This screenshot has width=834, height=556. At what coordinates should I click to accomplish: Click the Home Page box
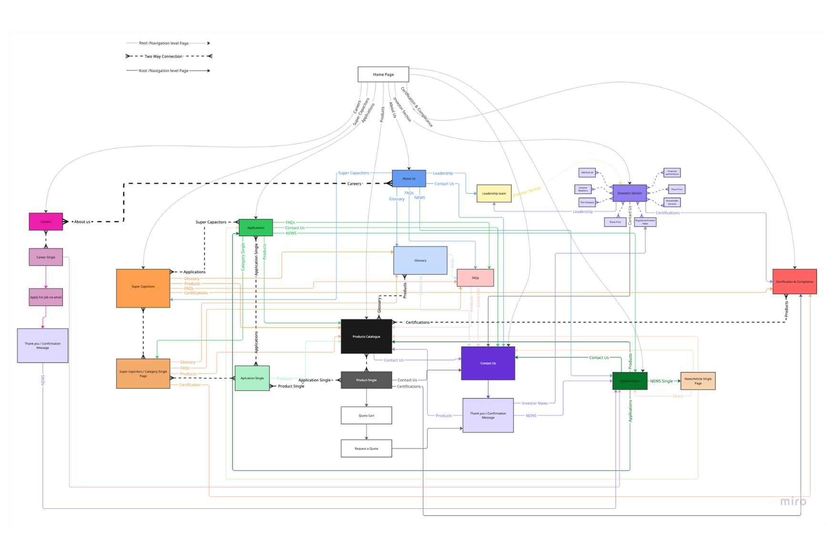383,74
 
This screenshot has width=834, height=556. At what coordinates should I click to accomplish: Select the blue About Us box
408,178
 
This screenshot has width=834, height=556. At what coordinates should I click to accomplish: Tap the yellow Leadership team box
494,194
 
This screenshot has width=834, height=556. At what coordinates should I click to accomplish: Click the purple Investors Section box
629,193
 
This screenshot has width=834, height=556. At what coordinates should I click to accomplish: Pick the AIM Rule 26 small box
587,173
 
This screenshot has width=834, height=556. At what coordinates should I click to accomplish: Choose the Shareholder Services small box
671,202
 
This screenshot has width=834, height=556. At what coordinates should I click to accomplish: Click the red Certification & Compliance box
794,281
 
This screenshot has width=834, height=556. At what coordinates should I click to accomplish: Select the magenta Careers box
46,222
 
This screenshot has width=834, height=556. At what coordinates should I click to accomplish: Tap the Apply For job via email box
46,297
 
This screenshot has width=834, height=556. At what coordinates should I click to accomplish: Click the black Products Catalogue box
366,336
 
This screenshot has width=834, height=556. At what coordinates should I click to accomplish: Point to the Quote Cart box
366,415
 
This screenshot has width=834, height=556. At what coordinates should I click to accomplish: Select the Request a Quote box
366,448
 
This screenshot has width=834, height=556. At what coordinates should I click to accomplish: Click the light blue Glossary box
420,260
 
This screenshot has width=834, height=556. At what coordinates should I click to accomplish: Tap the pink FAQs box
475,278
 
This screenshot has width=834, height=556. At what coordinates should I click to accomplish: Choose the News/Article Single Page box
698,381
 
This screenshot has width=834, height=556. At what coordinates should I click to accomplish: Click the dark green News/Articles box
630,381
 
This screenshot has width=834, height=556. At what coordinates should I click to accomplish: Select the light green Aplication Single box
252,378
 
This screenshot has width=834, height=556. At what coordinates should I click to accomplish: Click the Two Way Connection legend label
163,56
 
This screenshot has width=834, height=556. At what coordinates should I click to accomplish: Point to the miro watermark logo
793,501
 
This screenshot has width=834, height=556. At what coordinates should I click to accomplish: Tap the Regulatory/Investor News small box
645,222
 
